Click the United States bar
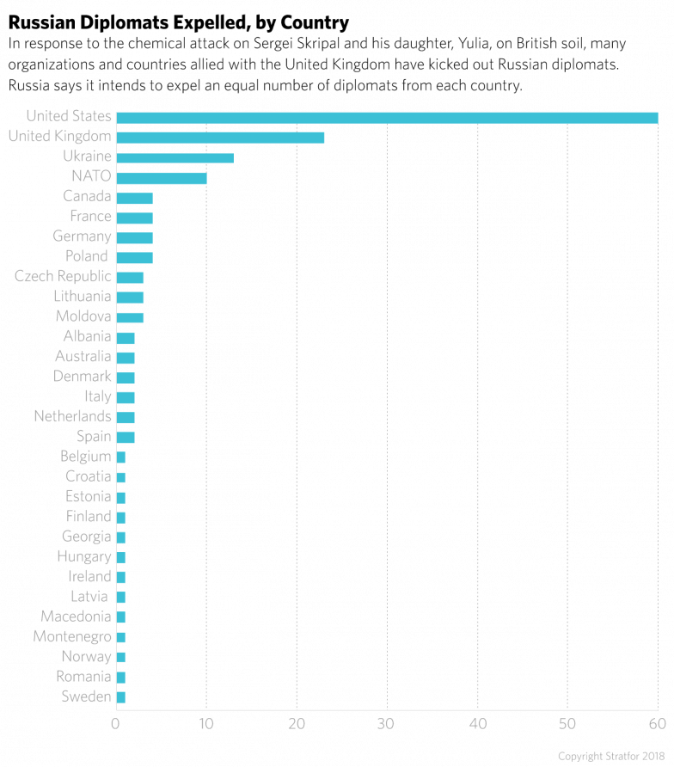pos(387,117)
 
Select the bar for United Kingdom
pos(220,137)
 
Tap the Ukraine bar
pos(175,157)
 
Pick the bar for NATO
pos(161,177)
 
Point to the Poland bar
pos(134,257)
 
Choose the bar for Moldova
pos(130,317)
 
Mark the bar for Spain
pos(126,437)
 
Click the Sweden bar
pos(120,696)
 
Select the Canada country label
pos(87,197)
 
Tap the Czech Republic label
pos(63,277)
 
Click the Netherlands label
pos(72,417)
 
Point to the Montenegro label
pos(72,637)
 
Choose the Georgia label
pos(86,537)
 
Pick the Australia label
pos(83,357)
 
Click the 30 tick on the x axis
pos(387,723)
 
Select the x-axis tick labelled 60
pos(657,723)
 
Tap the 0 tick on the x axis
pos(116,723)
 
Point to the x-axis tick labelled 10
pos(206,723)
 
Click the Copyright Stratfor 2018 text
pos(610,757)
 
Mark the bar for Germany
pos(134,237)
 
